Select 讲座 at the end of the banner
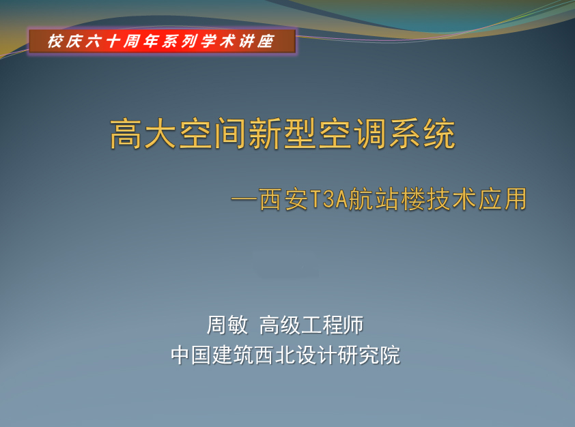point(256,41)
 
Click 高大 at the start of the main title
point(143,134)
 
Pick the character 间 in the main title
point(230,134)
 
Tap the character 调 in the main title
point(370,134)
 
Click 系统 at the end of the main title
point(422,134)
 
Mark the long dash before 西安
point(244,200)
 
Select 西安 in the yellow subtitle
point(283,199)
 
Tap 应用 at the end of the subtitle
point(503,199)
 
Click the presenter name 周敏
point(227,325)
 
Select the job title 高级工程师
point(311,325)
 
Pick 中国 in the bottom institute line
point(191,355)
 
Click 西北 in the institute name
point(275,355)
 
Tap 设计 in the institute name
point(317,355)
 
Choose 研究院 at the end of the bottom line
point(369,355)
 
